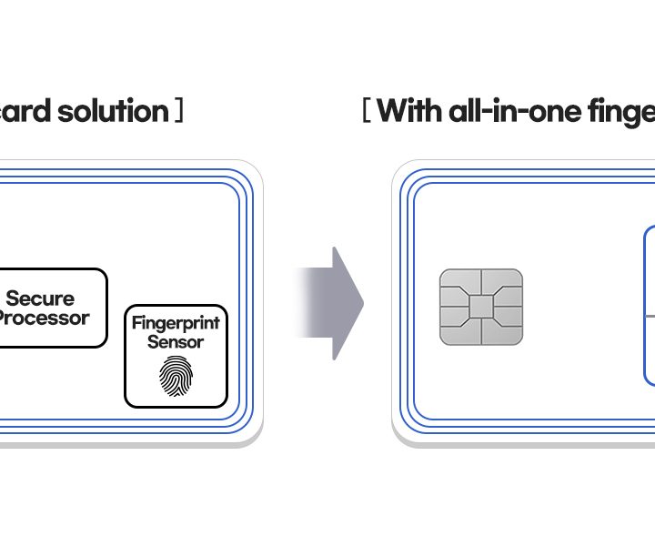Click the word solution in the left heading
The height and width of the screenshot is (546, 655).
point(114,112)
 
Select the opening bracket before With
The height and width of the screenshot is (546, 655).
point(365,112)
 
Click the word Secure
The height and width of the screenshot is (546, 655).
point(40,298)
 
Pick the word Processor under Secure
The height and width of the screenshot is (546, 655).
point(43,318)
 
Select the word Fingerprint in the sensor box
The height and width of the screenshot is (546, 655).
point(176,323)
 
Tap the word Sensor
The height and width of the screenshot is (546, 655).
point(176,342)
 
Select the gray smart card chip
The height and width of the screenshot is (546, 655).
point(480,307)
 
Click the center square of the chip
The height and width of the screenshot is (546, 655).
point(480,307)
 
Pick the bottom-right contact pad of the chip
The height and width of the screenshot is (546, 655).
point(509,333)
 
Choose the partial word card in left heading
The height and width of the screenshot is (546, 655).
point(25,112)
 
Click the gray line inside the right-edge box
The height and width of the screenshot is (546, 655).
point(650,316)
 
